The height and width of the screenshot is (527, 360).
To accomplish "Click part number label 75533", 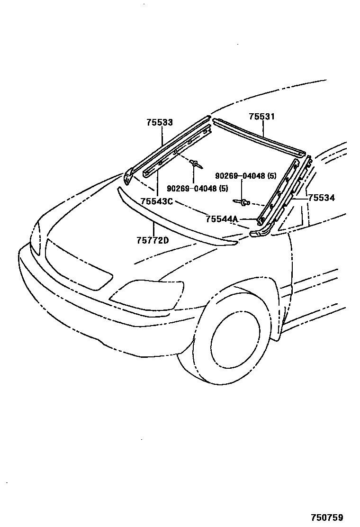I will (x=159, y=123).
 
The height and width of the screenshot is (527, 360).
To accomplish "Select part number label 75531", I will (x=262, y=117).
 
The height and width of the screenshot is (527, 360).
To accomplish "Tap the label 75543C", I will (x=156, y=201).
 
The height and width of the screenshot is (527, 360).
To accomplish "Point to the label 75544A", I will (x=222, y=219).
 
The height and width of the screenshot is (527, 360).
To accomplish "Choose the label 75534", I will (x=321, y=198).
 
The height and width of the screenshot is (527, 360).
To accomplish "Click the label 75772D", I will (x=153, y=240).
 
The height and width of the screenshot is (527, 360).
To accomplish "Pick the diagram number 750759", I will (x=326, y=518).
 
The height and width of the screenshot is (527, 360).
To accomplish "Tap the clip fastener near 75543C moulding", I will (x=195, y=164).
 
